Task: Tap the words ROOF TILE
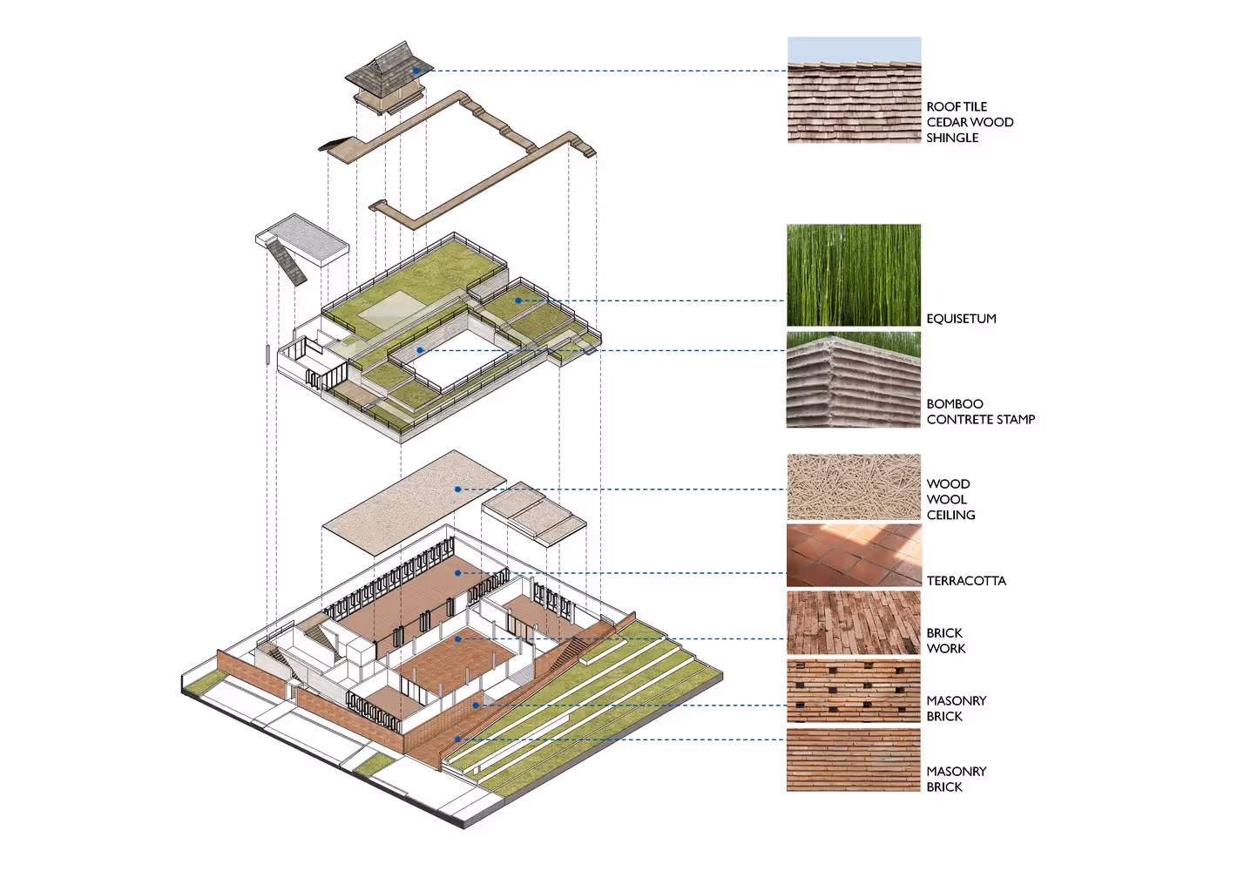click(957, 106)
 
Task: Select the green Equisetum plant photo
click(854, 275)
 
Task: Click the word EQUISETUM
click(961, 319)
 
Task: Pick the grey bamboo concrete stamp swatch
click(854, 380)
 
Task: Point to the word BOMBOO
click(955, 404)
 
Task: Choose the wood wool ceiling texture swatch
click(854, 487)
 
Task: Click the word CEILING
click(950, 515)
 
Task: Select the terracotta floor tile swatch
click(854, 555)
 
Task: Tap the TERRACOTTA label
click(966, 581)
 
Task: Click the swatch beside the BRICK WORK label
click(854, 623)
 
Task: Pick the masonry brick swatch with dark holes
click(854, 691)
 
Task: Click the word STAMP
click(1016, 420)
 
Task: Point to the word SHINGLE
click(952, 138)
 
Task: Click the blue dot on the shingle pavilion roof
click(416, 71)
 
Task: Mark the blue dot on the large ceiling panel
click(457, 490)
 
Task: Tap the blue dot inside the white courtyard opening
click(420, 350)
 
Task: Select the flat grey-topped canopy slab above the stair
click(303, 237)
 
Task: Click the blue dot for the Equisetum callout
click(517, 300)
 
